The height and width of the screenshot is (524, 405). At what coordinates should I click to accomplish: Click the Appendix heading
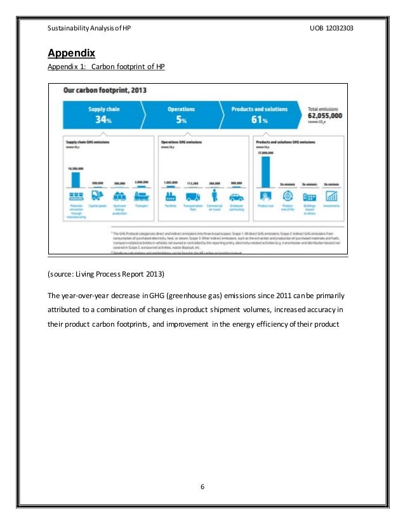coord(71,52)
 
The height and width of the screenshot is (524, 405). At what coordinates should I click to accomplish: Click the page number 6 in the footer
coord(202,487)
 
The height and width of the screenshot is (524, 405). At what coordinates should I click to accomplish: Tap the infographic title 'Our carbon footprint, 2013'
coord(105,90)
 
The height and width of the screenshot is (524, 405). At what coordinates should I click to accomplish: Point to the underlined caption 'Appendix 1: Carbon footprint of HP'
coord(107,66)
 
